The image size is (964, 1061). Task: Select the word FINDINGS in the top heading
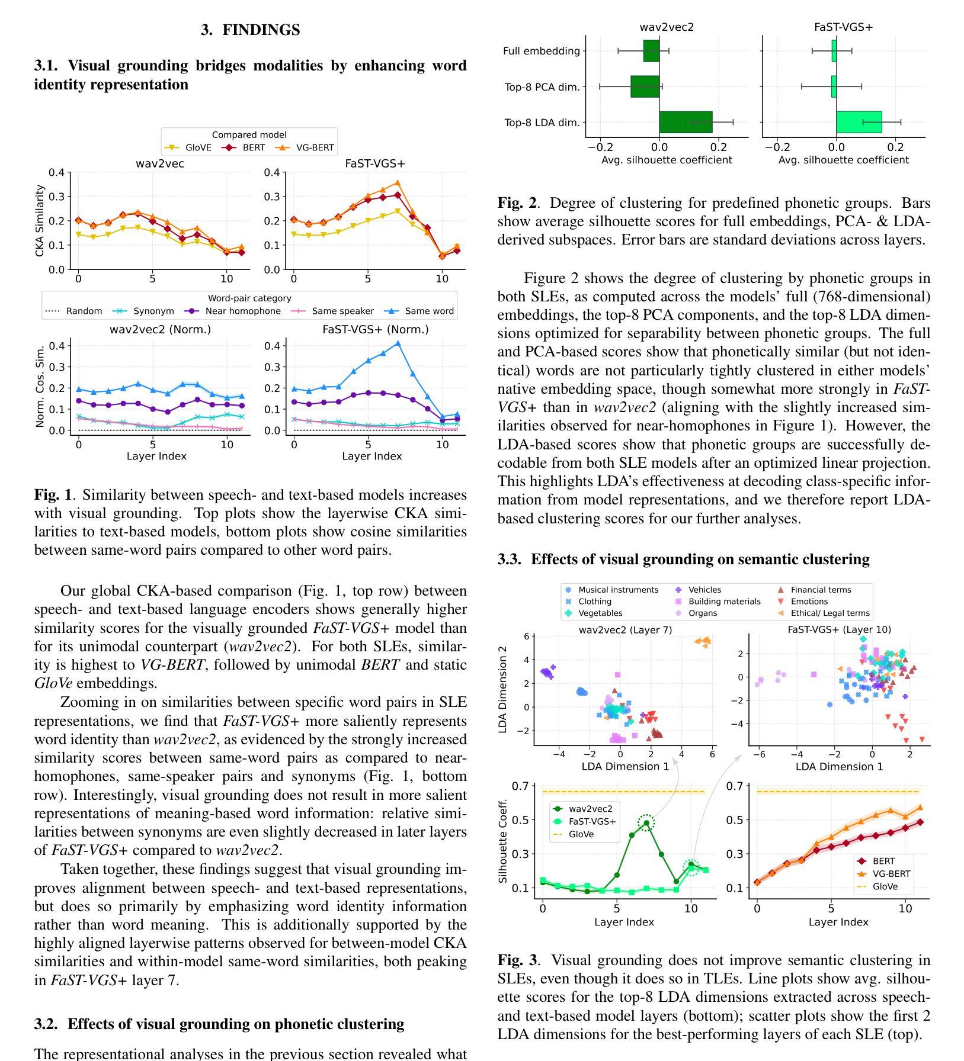point(261,30)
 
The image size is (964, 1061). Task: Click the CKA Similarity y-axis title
point(40,221)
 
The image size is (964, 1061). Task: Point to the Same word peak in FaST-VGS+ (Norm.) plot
point(398,343)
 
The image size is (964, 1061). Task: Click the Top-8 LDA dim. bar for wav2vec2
point(686,123)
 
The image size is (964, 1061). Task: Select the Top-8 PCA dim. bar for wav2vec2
point(645,86)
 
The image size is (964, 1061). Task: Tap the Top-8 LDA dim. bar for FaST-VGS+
point(859,123)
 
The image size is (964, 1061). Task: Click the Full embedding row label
point(541,51)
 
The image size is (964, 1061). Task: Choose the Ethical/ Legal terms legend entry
point(830,613)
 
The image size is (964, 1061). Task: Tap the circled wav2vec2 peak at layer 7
point(646,823)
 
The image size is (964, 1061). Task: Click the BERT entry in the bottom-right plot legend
point(883,861)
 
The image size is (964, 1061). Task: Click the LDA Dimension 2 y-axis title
point(503,690)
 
